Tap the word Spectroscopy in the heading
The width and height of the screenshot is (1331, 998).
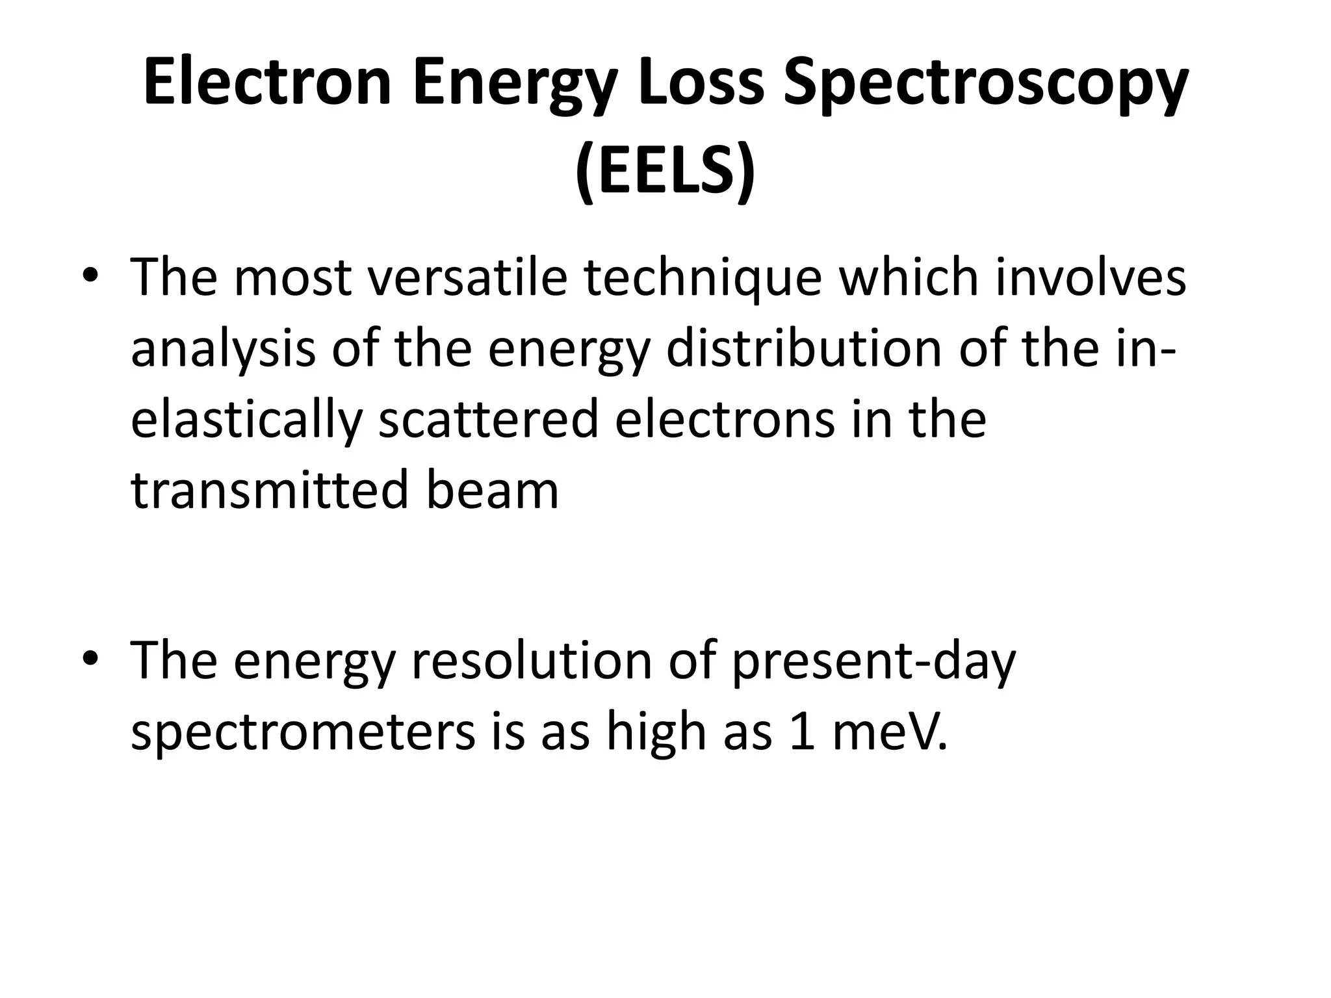coord(985,83)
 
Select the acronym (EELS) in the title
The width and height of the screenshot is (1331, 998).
coord(665,170)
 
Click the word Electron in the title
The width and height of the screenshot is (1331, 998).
coord(267,83)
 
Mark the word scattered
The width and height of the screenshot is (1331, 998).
coord(488,420)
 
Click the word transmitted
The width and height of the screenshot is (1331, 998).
coord(270,491)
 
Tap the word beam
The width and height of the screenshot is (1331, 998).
coord(492,491)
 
